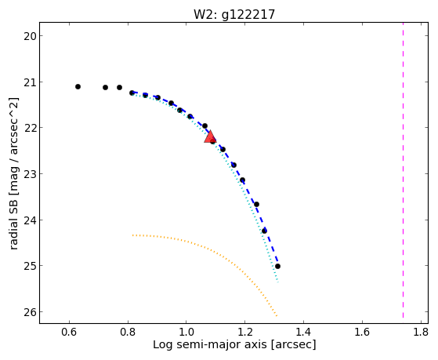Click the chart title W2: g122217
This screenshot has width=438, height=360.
coord(234,15)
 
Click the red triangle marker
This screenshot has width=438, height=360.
coord(210,136)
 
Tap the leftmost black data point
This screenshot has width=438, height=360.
coord(78,87)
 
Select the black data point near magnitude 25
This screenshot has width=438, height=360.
coord(277,267)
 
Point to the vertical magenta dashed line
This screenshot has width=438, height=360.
coord(403,170)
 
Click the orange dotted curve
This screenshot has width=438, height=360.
coord(212,249)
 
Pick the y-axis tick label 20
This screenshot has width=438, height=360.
coord(30,36)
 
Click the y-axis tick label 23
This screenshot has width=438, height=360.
coord(30,174)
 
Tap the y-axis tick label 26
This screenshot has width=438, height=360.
coord(30,312)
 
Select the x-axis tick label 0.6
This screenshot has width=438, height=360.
coord(69,333)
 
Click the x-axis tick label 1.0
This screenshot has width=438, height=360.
coord(186,333)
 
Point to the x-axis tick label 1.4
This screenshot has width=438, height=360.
coord(303,333)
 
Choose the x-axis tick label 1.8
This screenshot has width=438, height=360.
coord(421,333)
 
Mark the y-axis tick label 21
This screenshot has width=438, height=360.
coord(30,82)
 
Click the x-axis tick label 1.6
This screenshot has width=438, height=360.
coord(362,333)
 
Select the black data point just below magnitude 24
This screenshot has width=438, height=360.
coord(264,231)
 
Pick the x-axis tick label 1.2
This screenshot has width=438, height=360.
coord(245,333)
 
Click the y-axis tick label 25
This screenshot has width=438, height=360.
coord(30,267)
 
